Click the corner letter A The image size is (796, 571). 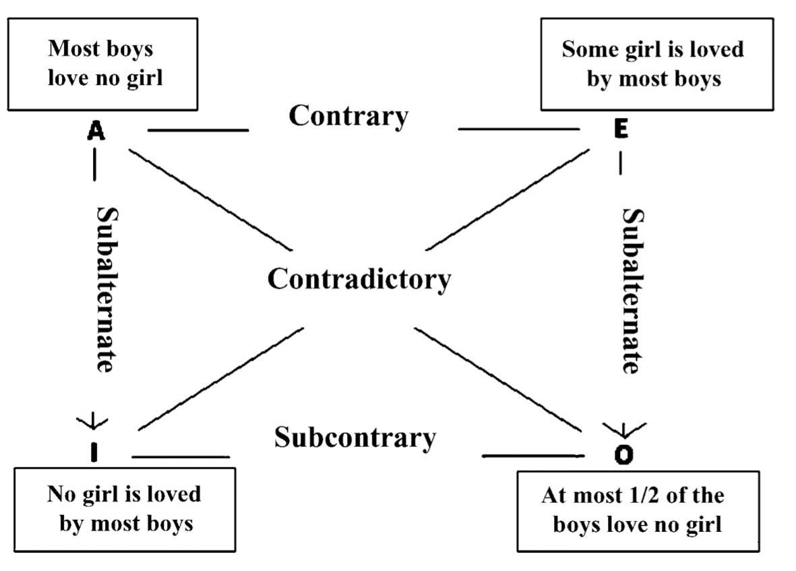click(96, 131)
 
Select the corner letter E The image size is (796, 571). click(621, 129)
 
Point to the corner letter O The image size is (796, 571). click(624, 455)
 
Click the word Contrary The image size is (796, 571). click(348, 116)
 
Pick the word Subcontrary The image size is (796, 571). click(355, 438)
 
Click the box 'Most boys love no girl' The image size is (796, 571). click(102, 64)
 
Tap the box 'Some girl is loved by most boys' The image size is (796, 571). click(656, 64)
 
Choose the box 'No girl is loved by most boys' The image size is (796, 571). click(125, 509)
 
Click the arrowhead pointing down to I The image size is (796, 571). click(92, 423)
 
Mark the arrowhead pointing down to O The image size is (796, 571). click(623, 428)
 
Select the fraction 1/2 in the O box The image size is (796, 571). click(653, 495)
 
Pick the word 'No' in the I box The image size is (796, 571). click(59, 494)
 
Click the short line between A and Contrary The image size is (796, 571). click(197, 129)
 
